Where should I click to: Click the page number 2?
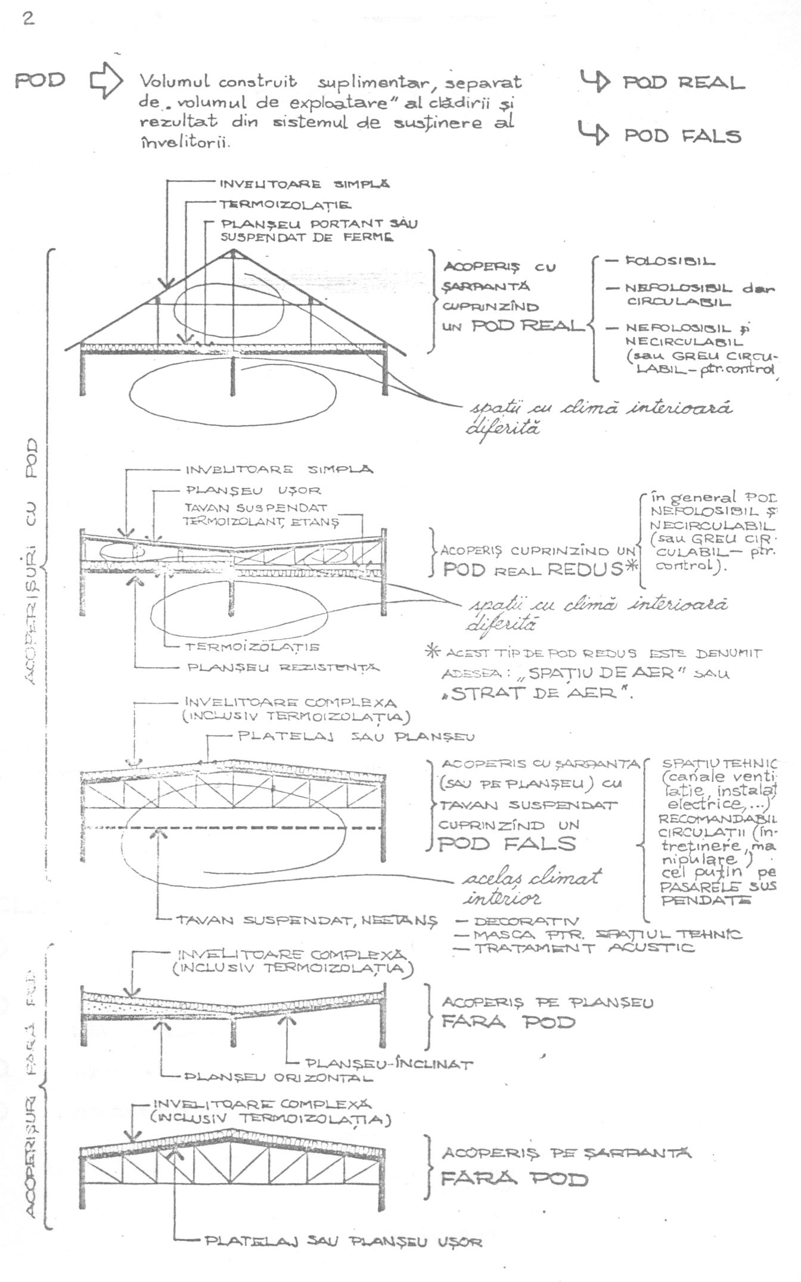(x=28, y=18)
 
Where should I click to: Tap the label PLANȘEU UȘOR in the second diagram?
(x=254, y=490)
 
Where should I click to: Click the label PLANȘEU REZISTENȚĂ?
(x=283, y=667)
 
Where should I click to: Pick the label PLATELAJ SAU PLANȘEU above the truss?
(x=356, y=736)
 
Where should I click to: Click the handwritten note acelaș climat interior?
(x=532, y=886)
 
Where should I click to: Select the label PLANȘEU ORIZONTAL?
(x=278, y=1078)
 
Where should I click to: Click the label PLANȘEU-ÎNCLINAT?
(x=389, y=1064)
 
